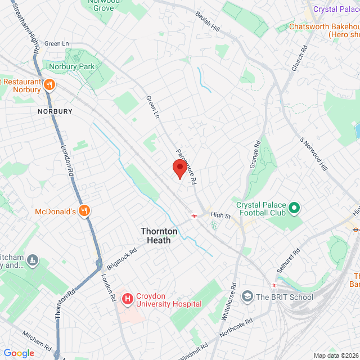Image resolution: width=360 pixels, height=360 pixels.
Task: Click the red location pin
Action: (x=179, y=168)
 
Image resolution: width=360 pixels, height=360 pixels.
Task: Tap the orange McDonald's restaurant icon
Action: (x=85, y=211)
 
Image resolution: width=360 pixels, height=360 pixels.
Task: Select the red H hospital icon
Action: (x=128, y=299)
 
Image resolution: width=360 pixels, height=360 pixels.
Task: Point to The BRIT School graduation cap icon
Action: (x=247, y=296)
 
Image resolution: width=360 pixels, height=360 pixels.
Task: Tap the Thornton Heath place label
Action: (x=159, y=236)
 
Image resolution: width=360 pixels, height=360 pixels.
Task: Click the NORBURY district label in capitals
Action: (x=55, y=111)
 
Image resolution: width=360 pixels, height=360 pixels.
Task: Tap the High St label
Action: (x=220, y=215)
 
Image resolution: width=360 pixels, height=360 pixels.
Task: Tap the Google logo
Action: (x=19, y=353)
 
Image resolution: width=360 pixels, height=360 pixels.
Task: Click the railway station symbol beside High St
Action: (x=193, y=215)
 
